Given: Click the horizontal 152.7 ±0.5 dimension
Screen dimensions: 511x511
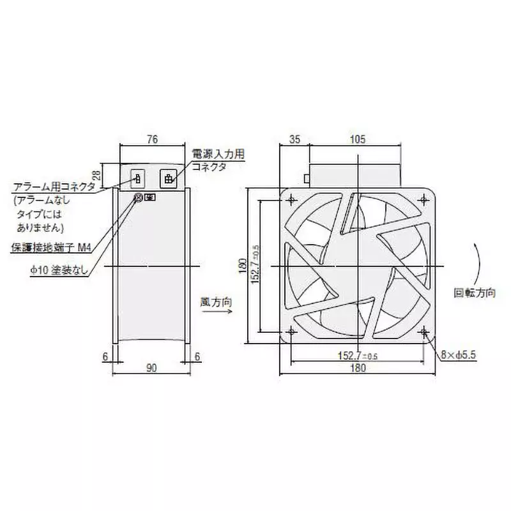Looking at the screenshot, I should tap(358, 355).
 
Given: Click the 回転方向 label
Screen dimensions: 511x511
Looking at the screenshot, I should tap(475, 293).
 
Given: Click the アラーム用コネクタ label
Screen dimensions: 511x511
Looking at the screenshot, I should tap(54, 187).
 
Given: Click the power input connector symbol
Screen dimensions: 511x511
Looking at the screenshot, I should tap(169, 179).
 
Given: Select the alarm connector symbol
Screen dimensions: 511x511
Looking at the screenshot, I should tap(136, 179).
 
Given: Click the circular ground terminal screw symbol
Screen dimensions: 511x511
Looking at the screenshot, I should tap(137, 198).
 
